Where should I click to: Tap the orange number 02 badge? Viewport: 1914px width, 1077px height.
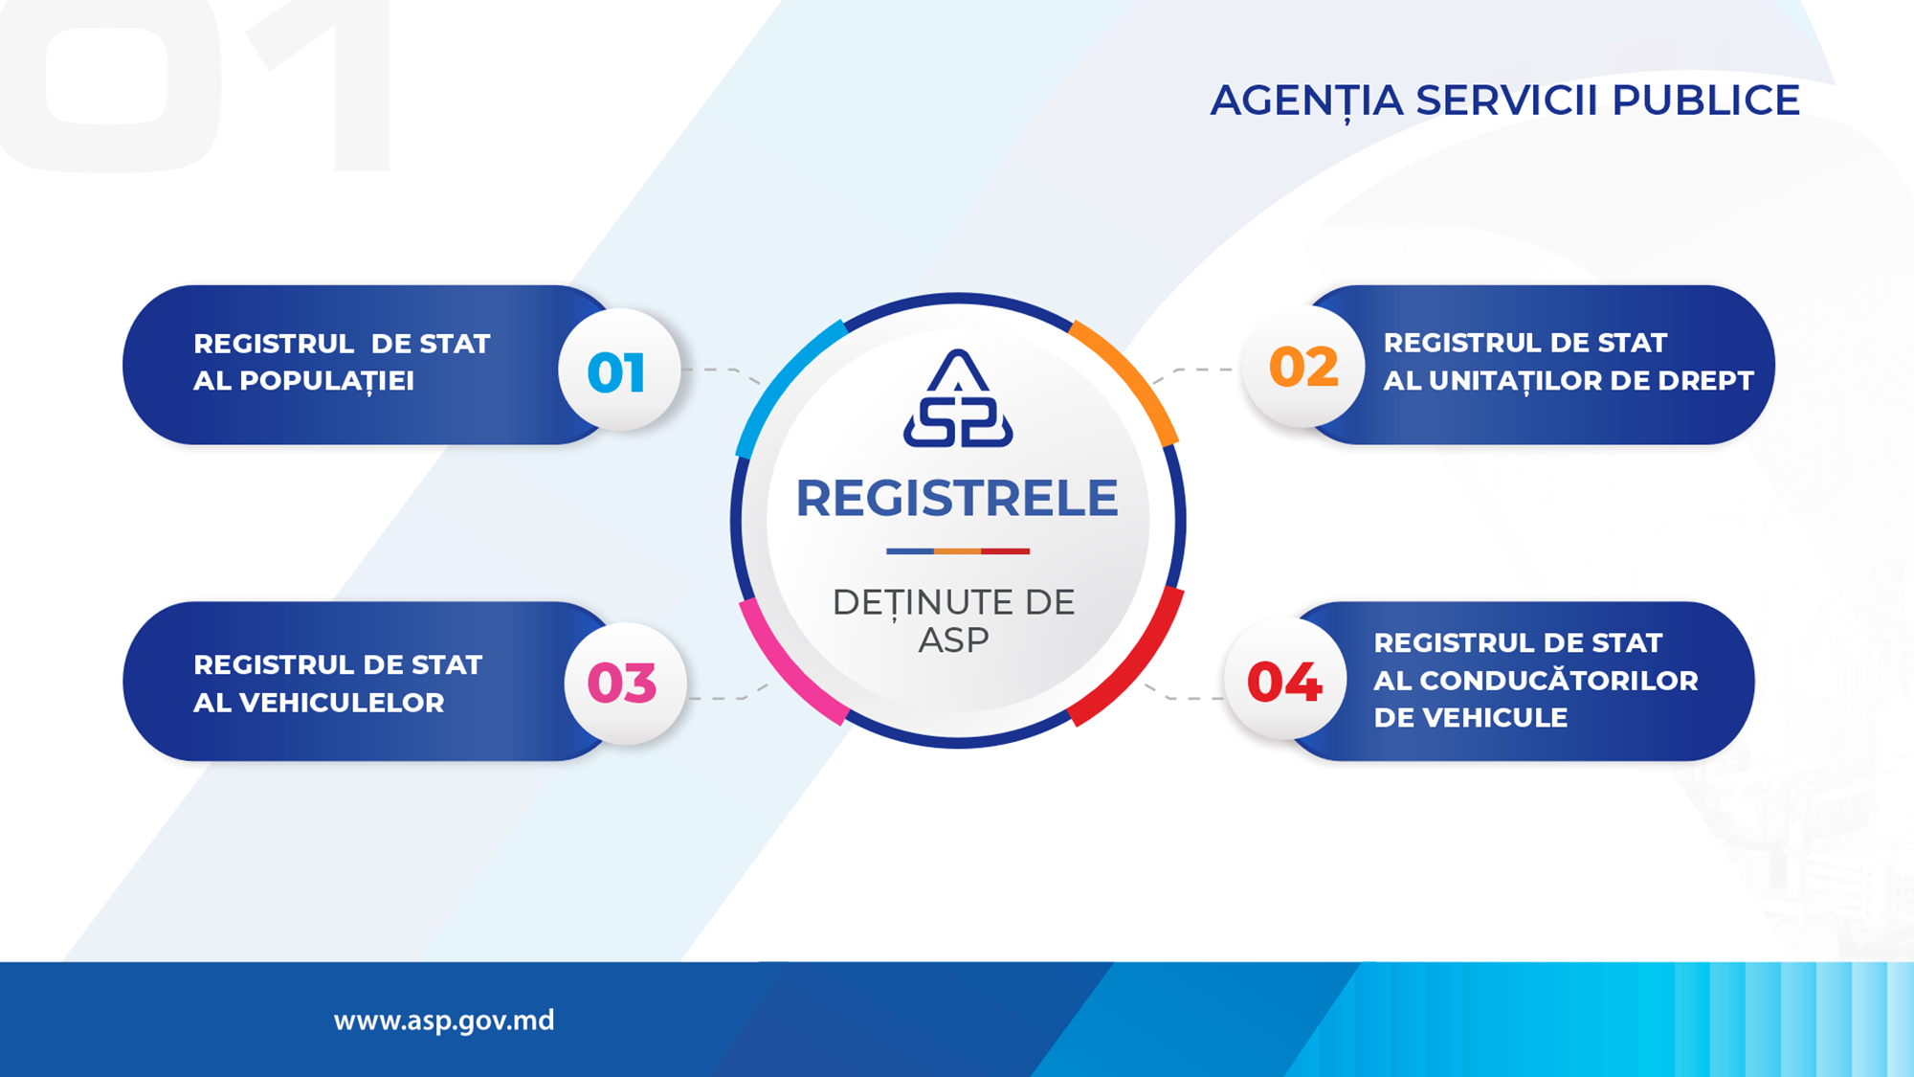click(1303, 367)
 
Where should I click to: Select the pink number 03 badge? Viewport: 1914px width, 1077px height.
click(625, 684)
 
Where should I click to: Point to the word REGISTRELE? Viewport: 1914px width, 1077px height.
click(957, 498)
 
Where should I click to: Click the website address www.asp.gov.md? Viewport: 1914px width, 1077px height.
click(444, 1021)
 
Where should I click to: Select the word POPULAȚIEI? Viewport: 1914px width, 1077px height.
click(326, 381)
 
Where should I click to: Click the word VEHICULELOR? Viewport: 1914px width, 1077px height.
click(342, 703)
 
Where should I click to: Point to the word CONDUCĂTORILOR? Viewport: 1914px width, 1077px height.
click(1559, 680)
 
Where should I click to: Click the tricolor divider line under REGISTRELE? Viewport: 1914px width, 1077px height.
click(958, 551)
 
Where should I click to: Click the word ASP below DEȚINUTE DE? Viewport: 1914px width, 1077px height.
click(954, 640)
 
